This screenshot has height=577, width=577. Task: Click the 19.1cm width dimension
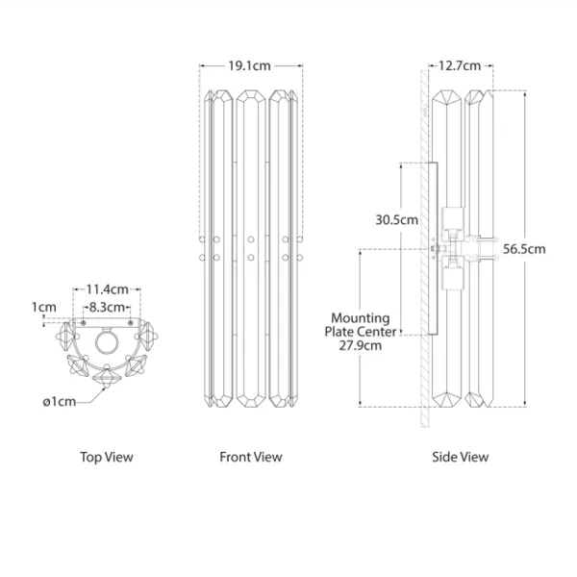click(x=249, y=65)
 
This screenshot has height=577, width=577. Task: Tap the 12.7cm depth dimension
click(x=460, y=65)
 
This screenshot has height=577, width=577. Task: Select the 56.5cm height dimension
click(x=524, y=249)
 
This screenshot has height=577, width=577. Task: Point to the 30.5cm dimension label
click(x=396, y=220)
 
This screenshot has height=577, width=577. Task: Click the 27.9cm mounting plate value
click(x=361, y=346)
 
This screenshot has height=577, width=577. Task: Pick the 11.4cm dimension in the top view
click(x=107, y=289)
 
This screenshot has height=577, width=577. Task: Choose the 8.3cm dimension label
click(x=107, y=307)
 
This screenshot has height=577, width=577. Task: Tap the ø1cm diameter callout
click(x=60, y=401)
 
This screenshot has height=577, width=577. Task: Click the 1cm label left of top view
click(x=44, y=307)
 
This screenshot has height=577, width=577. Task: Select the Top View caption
click(x=107, y=457)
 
